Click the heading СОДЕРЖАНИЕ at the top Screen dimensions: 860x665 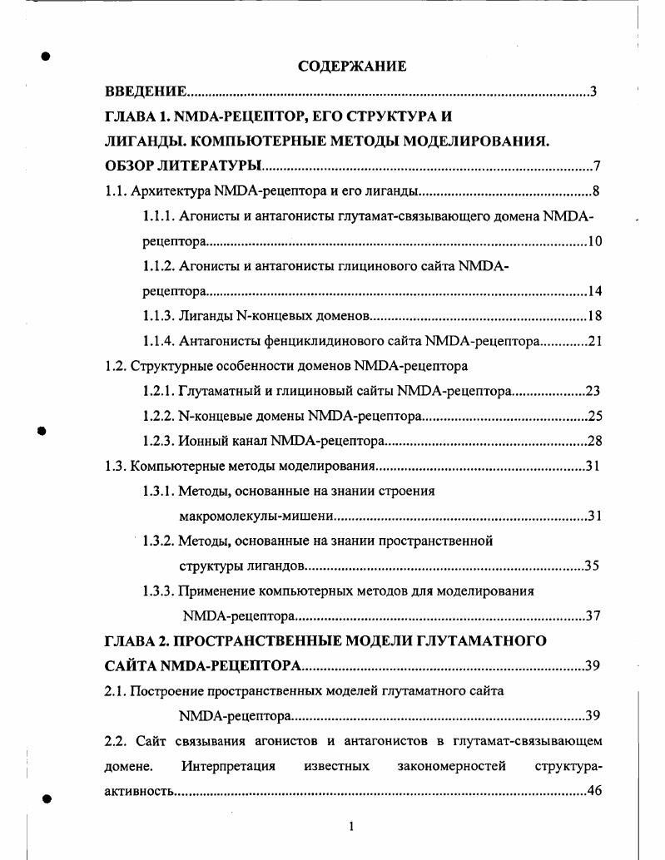click(352, 67)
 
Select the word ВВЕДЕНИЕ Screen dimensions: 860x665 click(146, 91)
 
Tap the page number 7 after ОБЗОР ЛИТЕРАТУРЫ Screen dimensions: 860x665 click(597, 166)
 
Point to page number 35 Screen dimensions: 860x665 click(592, 566)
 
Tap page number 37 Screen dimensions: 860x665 click(592, 616)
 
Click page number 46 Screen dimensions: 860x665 click(594, 790)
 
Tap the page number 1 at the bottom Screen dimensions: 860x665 click(351, 826)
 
